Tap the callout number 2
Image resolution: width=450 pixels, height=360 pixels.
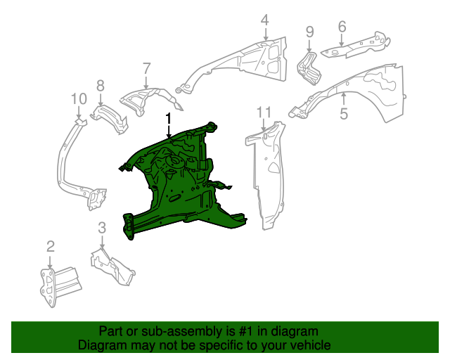[51, 245]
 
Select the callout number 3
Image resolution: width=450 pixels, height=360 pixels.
[102, 227]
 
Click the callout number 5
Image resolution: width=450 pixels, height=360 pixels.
[344, 114]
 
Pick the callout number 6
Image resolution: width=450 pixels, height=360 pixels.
[342, 27]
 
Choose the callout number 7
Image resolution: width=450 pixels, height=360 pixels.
[146, 68]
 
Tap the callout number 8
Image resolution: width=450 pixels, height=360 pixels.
[101, 85]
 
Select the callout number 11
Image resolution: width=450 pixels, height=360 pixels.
[264, 112]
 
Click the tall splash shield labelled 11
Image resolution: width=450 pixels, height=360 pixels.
[267, 176]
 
